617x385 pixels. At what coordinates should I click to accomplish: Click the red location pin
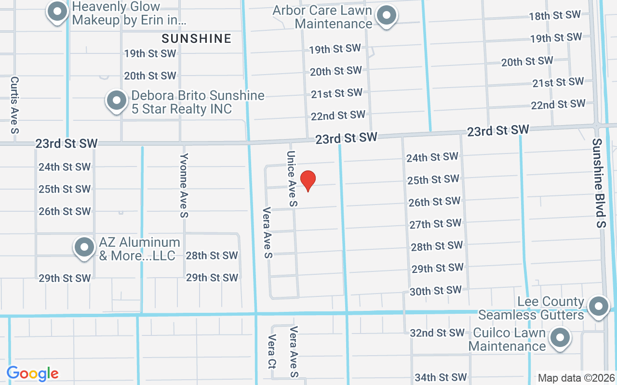click(308, 181)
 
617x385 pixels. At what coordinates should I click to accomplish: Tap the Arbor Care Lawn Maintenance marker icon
click(386, 16)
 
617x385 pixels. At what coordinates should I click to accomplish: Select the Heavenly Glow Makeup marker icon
click(57, 11)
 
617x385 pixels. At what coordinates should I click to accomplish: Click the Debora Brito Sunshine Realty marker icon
click(116, 101)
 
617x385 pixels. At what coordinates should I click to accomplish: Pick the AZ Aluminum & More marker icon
click(84, 247)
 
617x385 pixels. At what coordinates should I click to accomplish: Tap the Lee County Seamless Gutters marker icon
click(599, 306)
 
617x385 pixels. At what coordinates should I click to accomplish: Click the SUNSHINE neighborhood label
click(197, 38)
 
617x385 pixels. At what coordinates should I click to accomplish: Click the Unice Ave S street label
click(292, 179)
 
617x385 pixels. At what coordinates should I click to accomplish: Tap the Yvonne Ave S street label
click(184, 185)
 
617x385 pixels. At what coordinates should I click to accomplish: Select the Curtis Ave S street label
click(14, 105)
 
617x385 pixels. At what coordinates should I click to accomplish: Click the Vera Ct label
click(272, 352)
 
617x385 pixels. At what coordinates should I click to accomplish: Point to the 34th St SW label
click(441, 377)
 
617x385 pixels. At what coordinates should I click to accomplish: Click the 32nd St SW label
click(437, 333)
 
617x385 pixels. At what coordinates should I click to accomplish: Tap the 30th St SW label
click(435, 291)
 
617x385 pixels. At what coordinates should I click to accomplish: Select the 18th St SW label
click(554, 15)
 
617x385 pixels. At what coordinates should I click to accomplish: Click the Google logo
click(33, 373)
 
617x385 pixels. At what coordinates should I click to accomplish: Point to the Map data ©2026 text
click(577, 378)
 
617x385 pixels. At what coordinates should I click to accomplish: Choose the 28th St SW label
click(212, 256)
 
